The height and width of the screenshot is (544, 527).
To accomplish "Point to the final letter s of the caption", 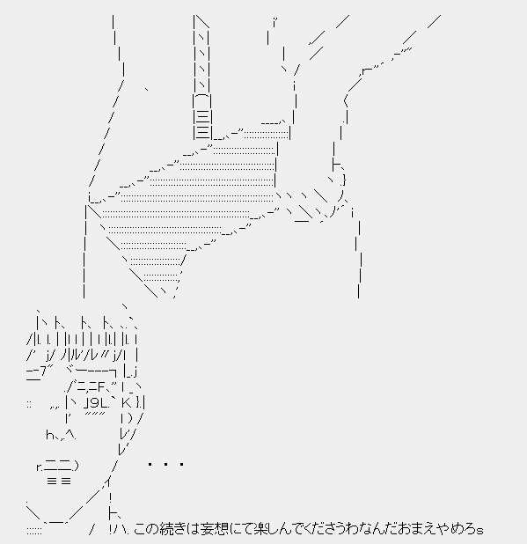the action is (479, 531).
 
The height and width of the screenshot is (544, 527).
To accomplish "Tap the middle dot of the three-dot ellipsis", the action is (166, 464).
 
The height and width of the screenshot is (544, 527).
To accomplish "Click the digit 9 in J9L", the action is (95, 403).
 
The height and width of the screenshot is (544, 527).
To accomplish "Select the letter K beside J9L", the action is (126, 403).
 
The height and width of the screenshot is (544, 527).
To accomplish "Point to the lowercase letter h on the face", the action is (49, 435).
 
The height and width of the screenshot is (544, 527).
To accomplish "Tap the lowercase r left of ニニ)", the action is (39, 467).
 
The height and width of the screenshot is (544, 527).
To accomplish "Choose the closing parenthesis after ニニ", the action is (77, 466).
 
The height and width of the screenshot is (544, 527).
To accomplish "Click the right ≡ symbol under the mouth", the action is (66, 481).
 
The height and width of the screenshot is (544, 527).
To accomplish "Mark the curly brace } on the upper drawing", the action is (344, 180).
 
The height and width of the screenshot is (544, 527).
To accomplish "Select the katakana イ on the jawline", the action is (107, 482).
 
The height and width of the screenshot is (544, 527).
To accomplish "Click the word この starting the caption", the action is (146, 529).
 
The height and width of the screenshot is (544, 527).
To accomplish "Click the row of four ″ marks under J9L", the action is (95, 414).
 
